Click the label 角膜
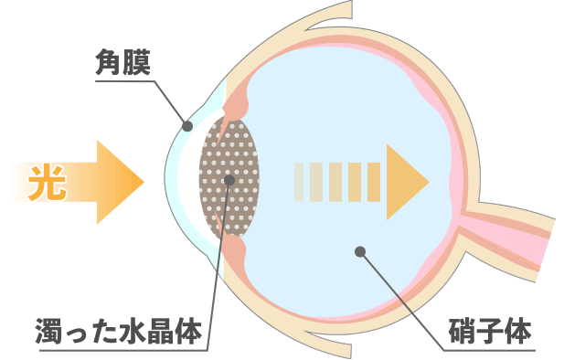point(122,63)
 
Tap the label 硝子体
point(490,330)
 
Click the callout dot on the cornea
point(185,125)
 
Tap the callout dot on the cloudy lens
point(229,180)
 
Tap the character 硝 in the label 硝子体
point(462,330)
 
